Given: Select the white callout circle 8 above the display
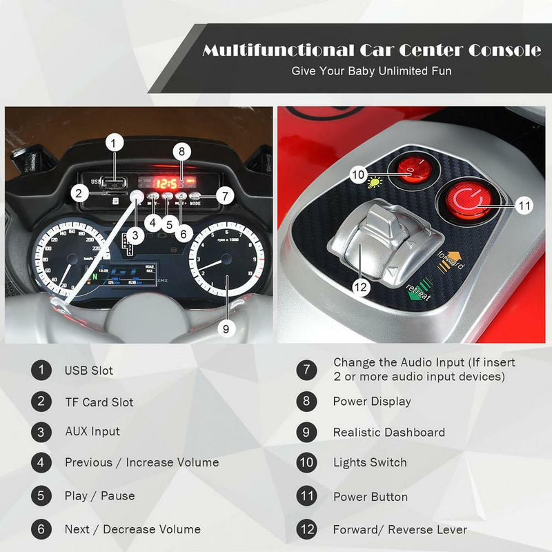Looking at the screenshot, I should click(181, 151).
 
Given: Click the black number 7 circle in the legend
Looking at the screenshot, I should click(307, 369).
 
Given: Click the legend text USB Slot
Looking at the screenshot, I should click(89, 371).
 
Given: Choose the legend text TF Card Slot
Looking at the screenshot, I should click(99, 402).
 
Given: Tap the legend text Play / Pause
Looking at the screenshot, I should click(99, 496).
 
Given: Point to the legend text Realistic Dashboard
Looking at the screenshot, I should click(388, 433).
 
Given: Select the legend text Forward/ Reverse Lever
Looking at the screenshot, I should click(400, 530).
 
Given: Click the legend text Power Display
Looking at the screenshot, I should click(371, 402).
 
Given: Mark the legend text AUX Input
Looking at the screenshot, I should click(92, 432).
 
